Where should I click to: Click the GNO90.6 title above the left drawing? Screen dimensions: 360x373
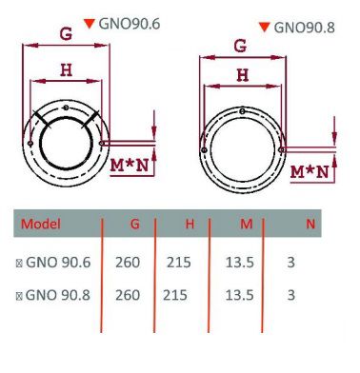point(130,24)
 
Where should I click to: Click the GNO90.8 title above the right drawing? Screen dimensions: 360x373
point(304,28)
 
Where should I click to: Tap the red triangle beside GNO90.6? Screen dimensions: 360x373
point(90,24)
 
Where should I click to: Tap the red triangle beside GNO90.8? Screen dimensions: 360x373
point(265,27)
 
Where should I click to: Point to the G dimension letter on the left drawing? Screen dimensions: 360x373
point(66,34)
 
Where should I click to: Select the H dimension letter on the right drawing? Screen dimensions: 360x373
point(243,75)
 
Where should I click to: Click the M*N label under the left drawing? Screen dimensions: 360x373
point(130,166)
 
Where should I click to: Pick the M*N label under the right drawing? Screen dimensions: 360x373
point(310,172)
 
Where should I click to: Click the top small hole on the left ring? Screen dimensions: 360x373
point(66,108)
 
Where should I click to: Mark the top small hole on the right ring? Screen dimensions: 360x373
point(242,111)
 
